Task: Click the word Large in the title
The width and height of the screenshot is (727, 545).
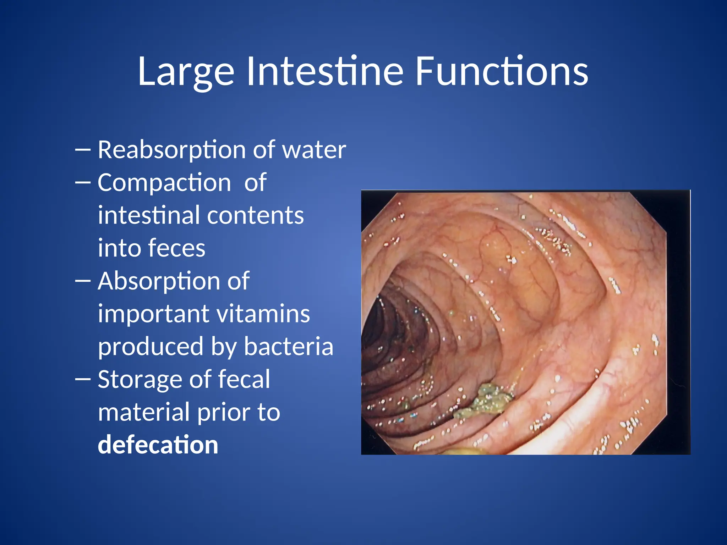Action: click(x=186, y=72)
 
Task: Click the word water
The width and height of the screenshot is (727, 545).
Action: click(x=314, y=150)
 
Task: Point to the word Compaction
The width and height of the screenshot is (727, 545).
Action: click(x=164, y=183)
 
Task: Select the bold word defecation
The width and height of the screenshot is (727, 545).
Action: click(x=158, y=445)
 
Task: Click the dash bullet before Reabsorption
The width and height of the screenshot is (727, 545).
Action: click(x=83, y=150)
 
